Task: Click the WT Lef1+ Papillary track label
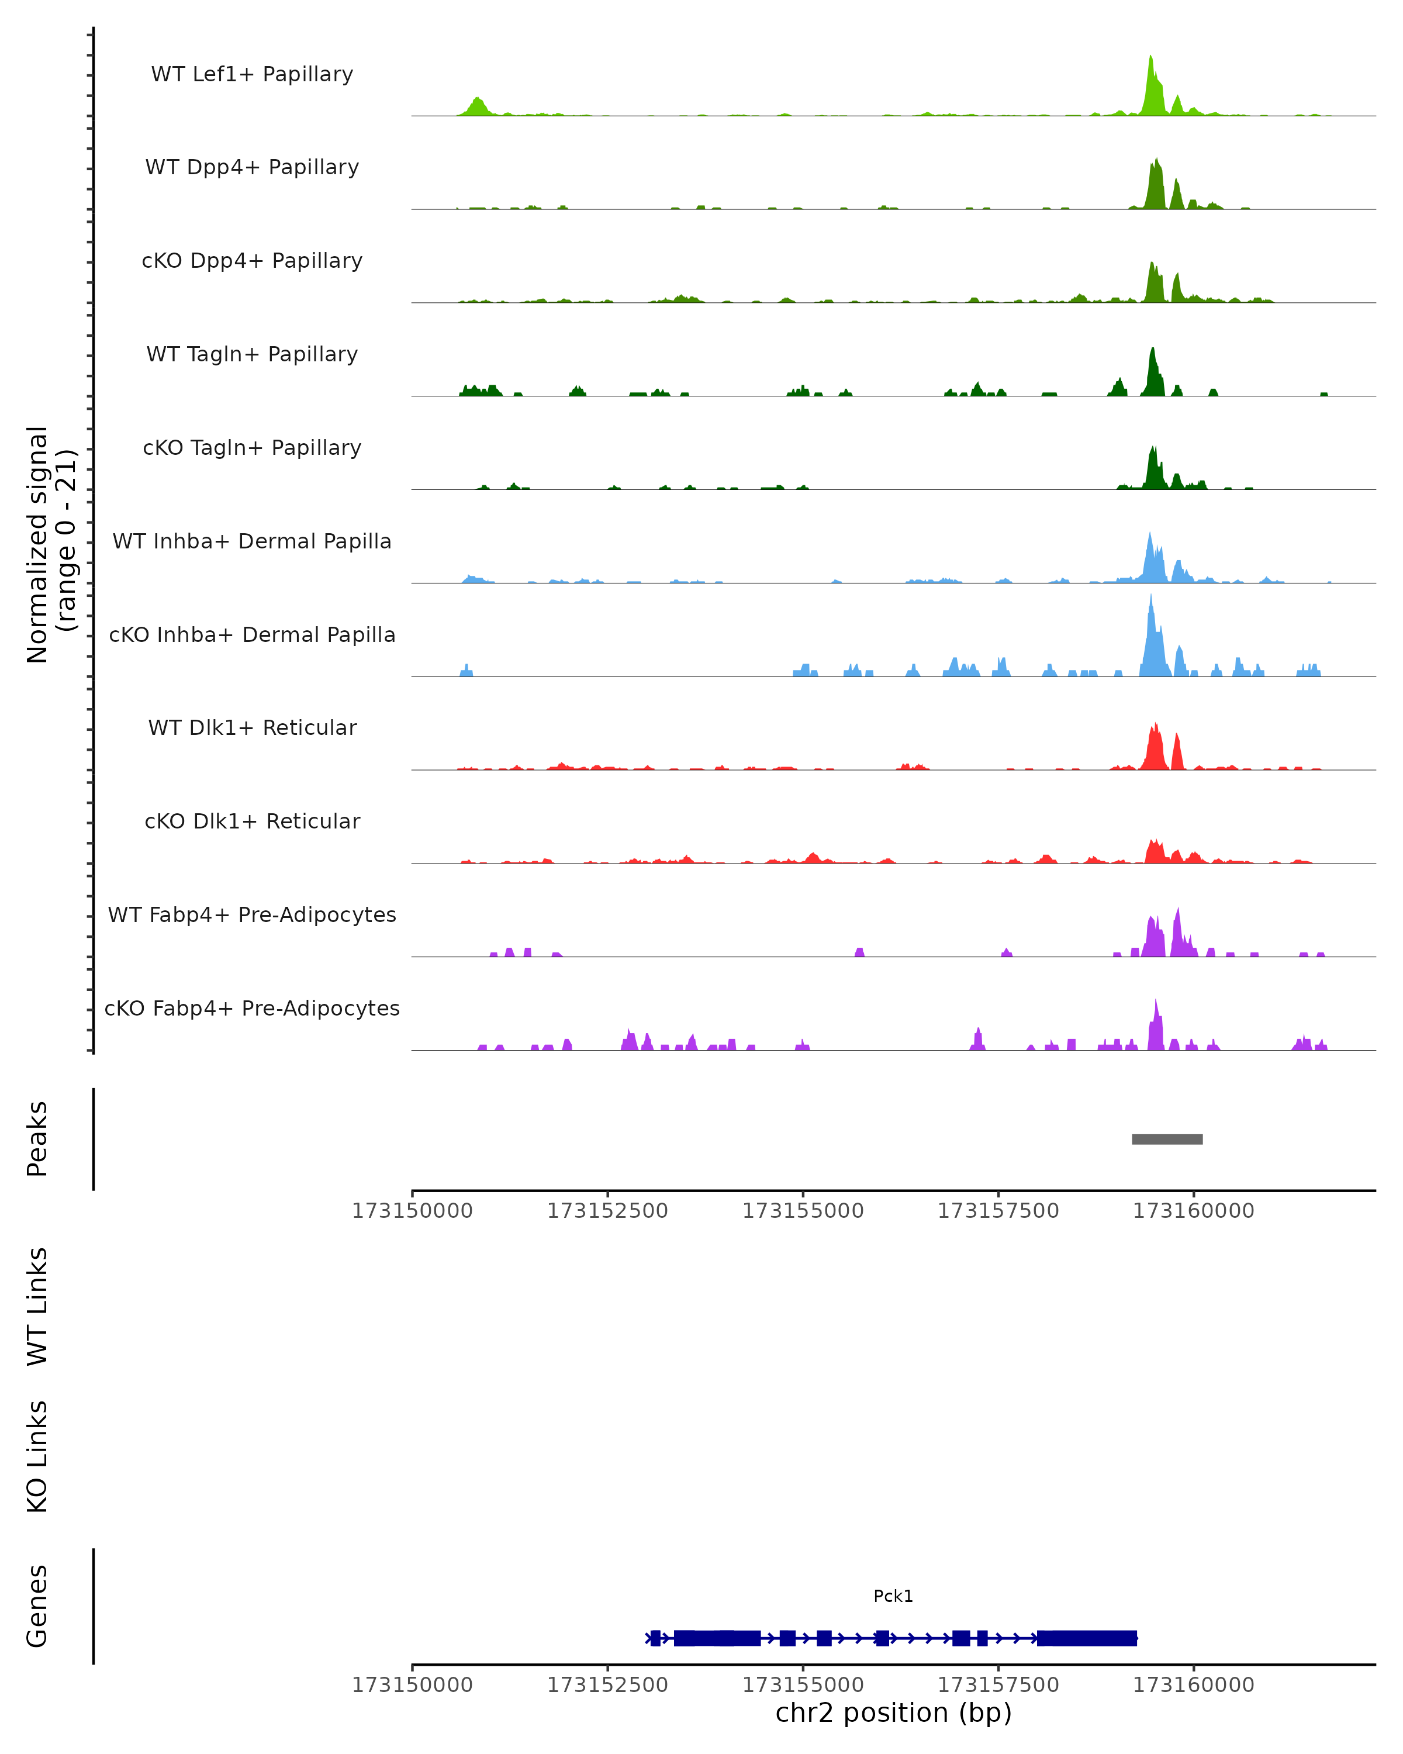pyautogui.click(x=252, y=74)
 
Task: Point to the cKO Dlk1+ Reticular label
pyautogui.click(x=252, y=821)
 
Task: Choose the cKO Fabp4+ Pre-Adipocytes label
pyautogui.click(x=252, y=1008)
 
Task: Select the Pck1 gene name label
pyautogui.click(x=893, y=1596)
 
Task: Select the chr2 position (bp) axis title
pyautogui.click(x=893, y=1712)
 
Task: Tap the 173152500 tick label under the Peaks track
pyautogui.click(x=607, y=1211)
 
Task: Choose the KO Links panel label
pyautogui.click(x=37, y=1456)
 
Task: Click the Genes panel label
pyautogui.click(x=37, y=1606)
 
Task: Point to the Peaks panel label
pyautogui.click(x=37, y=1138)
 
